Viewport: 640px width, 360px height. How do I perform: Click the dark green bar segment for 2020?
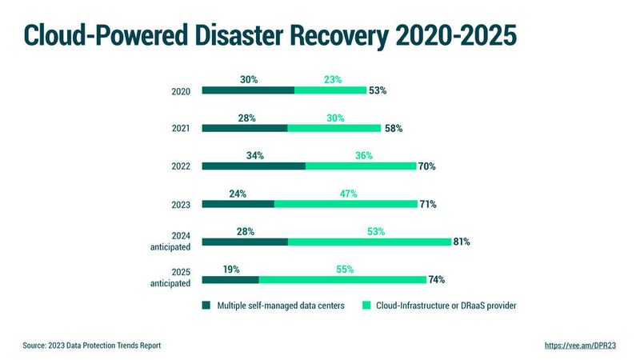(248, 90)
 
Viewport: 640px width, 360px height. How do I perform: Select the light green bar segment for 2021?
(334, 128)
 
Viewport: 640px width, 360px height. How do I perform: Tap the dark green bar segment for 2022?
(254, 166)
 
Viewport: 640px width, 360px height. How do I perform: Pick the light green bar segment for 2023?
(346, 204)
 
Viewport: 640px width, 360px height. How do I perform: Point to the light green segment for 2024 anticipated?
(369, 242)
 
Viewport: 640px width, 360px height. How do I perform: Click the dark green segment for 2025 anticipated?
(230, 280)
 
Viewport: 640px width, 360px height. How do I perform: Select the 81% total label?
(461, 242)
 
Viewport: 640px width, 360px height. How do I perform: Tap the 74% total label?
(436, 280)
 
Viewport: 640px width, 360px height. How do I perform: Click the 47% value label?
(347, 194)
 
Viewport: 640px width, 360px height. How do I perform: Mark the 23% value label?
(333, 79)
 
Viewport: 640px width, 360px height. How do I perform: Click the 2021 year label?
(181, 129)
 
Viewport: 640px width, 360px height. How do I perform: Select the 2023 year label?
(181, 205)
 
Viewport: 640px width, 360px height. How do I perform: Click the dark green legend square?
(206, 306)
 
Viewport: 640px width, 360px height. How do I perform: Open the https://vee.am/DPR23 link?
(580, 346)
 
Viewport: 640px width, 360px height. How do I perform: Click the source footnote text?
(92, 346)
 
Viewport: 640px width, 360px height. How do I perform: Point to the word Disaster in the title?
(273, 35)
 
